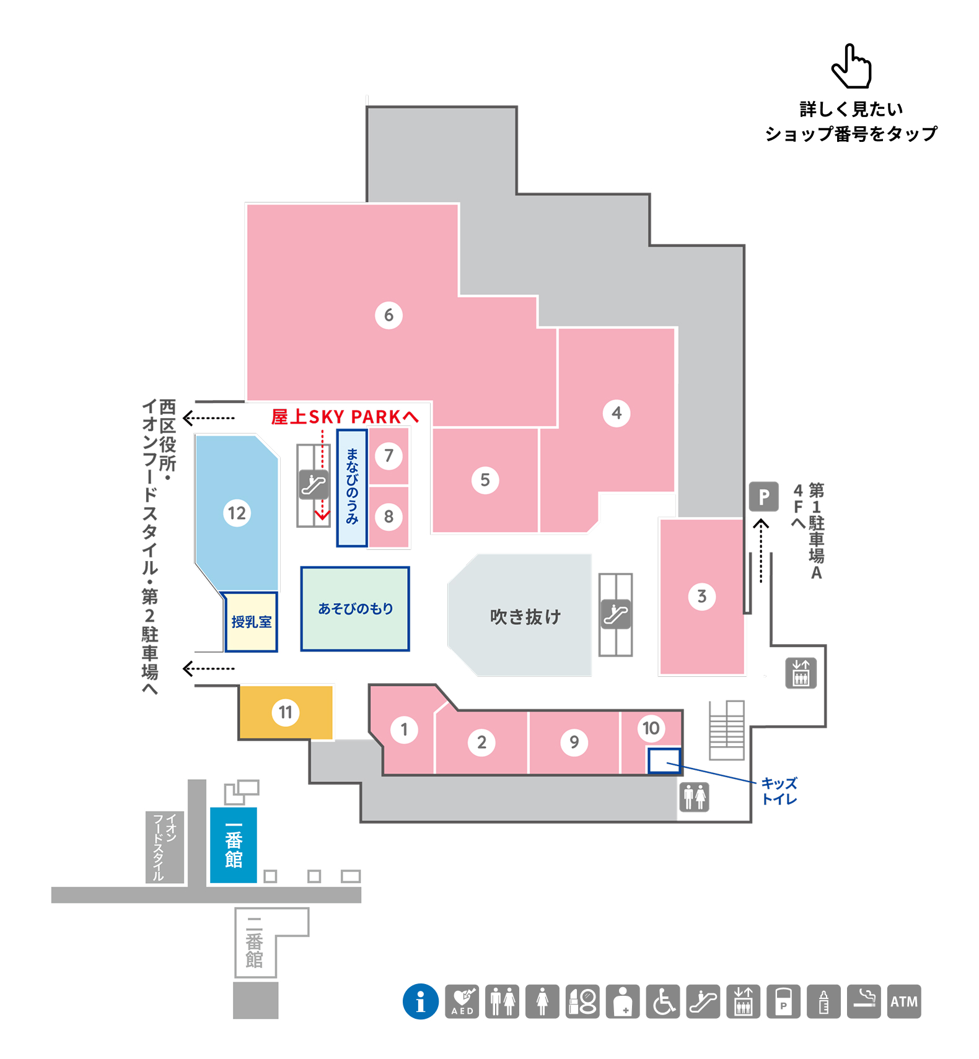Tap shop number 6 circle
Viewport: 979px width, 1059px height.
pyautogui.click(x=389, y=315)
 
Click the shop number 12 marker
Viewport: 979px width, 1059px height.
pyautogui.click(x=237, y=513)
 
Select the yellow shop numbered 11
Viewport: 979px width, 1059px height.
pyautogui.click(x=286, y=712)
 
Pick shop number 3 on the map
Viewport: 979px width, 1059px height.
pyautogui.click(x=701, y=596)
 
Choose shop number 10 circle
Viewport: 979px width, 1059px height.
pyautogui.click(x=651, y=728)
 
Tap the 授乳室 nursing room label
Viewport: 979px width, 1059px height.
pyautogui.click(x=252, y=622)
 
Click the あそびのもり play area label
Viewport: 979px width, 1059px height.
pyautogui.click(x=356, y=609)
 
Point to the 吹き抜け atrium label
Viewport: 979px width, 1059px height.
pyautogui.click(x=525, y=616)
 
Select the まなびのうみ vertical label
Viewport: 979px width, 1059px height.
pyautogui.click(x=352, y=487)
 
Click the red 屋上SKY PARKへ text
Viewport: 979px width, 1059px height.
pyautogui.click(x=345, y=417)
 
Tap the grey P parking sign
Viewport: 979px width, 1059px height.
pyautogui.click(x=763, y=497)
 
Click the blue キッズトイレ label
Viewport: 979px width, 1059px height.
pyautogui.click(x=779, y=791)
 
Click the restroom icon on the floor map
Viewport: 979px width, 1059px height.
pyautogui.click(x=694, y=796)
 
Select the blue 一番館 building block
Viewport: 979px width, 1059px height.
pyautogui.click(x=234, y=845)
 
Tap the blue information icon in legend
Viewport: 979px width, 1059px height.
pyautogui.click(x=421, y=1001)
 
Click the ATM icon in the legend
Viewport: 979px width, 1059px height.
pyautogui.click(x=904, y=1001)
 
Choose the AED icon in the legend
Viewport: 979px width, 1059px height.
pyautogui.click(x=462, y=1001)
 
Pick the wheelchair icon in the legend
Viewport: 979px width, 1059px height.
pyautogui.click(x=663, y=1001)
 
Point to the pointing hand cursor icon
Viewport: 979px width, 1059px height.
pyautogui.click(x=851, y=66)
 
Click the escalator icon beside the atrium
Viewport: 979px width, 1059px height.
pyautogui.click(x=616, y=614)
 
